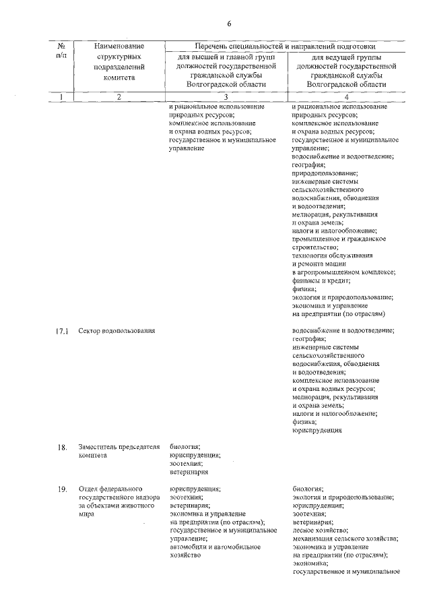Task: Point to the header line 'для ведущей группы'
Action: [x=345, y=57]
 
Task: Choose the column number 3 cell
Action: [x=224, y=97]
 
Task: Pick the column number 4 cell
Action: [x=346, y=97]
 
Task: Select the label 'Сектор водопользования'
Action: [x=117, y=331]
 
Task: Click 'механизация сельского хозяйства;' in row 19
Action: [x=345, y=539]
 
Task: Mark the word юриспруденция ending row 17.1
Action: [x=317, y=430]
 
